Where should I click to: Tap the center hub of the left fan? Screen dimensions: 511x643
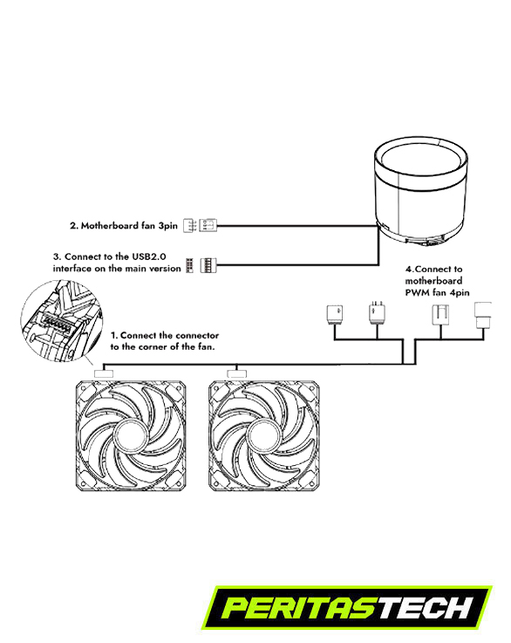tap(131, 436)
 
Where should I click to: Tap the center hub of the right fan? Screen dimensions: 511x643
tap(263, 436)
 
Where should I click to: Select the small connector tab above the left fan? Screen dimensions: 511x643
tap(104, 373)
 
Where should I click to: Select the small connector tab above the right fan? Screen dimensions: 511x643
tap(237, 373)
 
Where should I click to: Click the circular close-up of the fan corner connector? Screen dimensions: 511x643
tap(61, 321)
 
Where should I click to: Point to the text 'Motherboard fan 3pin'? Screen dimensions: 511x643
tap(129, 226)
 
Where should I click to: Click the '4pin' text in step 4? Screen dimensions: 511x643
tap(459, 293)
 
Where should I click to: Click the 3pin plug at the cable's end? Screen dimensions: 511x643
tap(208, 226)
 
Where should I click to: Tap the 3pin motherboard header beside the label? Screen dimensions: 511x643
tap(190, 226)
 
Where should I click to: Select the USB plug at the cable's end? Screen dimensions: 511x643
tap(209, 266)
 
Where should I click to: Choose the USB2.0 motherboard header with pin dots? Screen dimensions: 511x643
tap(189, 266)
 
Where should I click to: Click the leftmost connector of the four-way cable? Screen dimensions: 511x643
tap(334, 315)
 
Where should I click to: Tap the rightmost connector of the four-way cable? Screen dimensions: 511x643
tap(483, 315)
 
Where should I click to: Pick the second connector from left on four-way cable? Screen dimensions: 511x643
tap(377, 314)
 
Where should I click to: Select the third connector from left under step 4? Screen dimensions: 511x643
tap(440, 315)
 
